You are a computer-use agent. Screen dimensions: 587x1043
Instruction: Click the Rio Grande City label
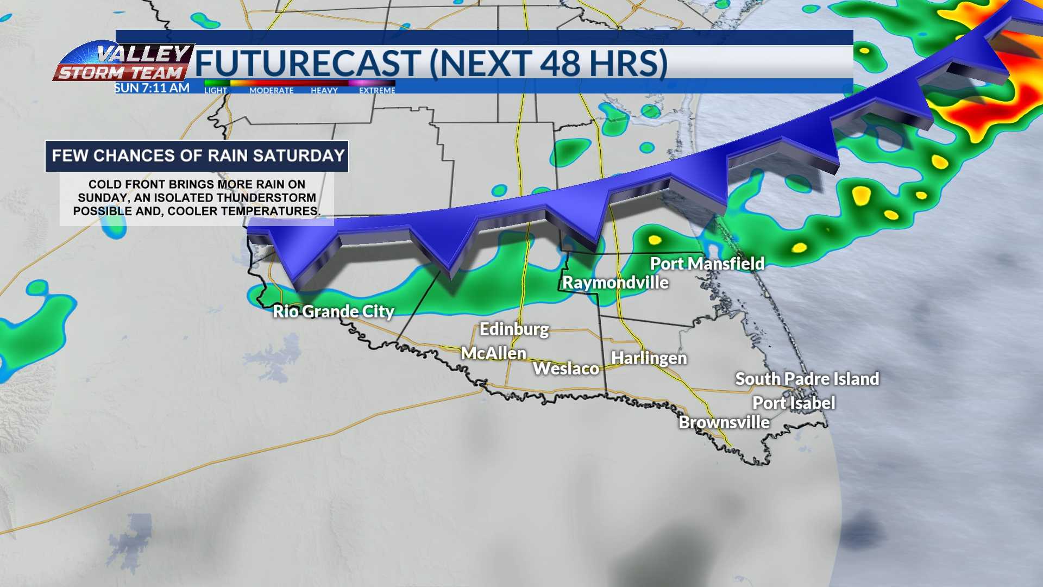pos(333,311)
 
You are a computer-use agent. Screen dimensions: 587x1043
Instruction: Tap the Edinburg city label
pos(514,329)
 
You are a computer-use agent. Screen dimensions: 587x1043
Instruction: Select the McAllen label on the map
pos(493,353)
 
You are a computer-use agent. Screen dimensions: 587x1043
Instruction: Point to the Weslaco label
pos(566,369)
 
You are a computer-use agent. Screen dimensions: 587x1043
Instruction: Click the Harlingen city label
pos(649,358)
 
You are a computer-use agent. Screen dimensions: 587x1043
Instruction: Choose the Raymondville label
pos(615,283)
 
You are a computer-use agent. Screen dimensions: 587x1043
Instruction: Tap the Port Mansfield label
pos(707,264)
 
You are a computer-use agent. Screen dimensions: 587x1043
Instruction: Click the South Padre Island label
pos(807,379)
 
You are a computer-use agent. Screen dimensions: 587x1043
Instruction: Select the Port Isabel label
pos(793,403)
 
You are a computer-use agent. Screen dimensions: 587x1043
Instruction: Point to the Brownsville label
pos(724,422)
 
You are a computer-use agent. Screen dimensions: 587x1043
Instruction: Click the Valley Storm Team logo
pos(124,63)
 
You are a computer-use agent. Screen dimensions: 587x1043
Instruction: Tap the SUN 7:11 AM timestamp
pos(152,88)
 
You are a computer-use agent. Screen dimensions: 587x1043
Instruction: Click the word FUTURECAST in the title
pos(307,64)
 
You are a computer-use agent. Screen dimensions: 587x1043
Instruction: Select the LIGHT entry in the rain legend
pos(216,90)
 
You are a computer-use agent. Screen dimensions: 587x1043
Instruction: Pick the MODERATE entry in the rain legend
pos(271,90)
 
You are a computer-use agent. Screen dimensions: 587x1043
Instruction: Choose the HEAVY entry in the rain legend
pos(324,90)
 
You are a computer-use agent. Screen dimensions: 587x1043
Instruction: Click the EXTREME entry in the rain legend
pos(377,90)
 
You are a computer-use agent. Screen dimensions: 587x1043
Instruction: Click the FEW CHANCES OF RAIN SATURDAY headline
pos(198,156)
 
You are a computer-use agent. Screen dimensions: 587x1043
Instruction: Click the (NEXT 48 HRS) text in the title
pos(548,64)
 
